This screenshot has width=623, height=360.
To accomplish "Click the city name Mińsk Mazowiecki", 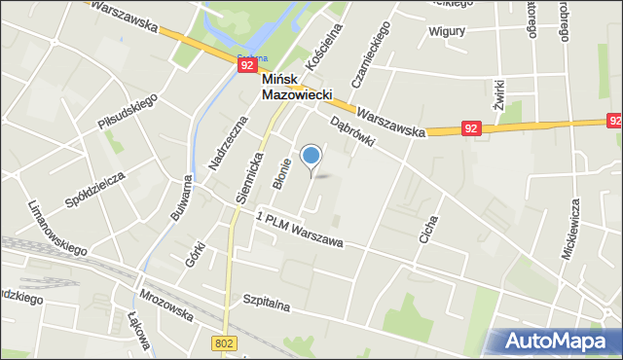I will [297, 89].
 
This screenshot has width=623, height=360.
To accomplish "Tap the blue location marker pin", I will [311, 156].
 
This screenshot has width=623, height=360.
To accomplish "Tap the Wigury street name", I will [448, 30].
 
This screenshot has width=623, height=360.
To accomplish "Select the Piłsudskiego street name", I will [128, 112].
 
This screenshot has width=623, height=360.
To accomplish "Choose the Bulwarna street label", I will [180, 199].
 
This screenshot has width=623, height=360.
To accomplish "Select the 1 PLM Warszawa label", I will [301, 230].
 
